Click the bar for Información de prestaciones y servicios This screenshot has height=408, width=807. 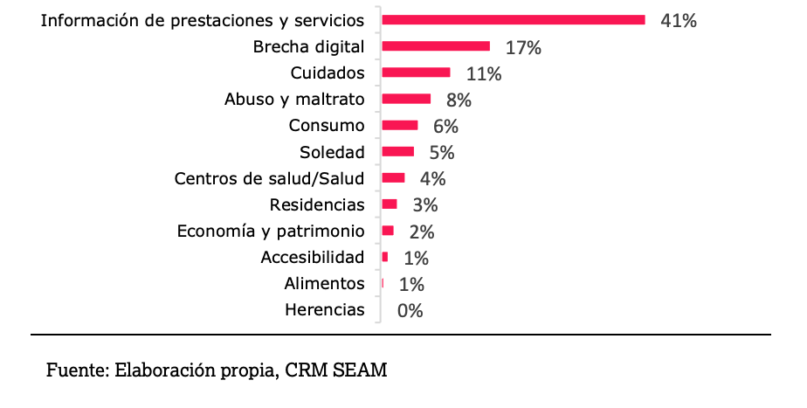click(514, 20)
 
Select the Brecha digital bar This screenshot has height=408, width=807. click(436, 46)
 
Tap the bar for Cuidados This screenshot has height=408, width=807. click(416, 73)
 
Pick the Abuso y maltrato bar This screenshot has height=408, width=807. click(406, 99)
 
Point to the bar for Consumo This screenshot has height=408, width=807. click(400, 125)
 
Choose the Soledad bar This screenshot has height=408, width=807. click(397, 152)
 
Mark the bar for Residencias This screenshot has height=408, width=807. click(390, 204)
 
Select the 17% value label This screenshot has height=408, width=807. click(523, 47)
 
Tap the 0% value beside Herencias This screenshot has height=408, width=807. click(410, 310)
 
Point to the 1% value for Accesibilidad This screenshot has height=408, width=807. click(416, 258)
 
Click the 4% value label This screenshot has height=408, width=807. click(432, 179)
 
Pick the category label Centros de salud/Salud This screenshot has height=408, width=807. click(269, 178)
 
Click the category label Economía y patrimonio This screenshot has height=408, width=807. click(270, 231)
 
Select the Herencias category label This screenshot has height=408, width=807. click(325, 309)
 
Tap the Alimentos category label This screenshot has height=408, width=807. click(324, 283)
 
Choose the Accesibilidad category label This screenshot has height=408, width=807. click(313, 257)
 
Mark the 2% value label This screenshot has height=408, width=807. click(421, 232)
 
